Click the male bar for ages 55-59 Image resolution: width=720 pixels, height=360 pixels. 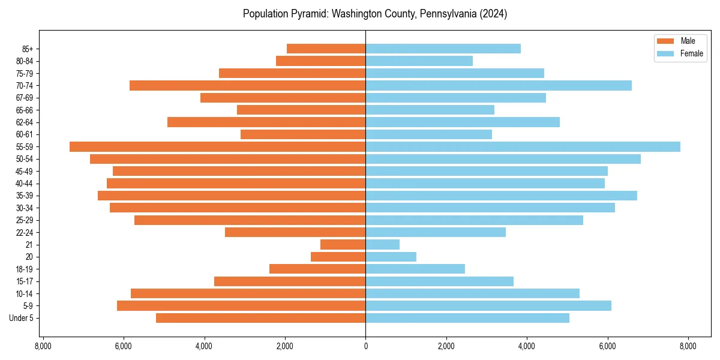click(x=217, y=147)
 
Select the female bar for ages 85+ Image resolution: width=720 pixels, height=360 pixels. click(x=443, y=49)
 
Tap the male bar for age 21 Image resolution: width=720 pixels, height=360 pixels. click(x=343, y=245)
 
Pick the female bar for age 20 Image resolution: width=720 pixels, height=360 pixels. click(x=391, y=257)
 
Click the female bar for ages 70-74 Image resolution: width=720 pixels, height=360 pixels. click(x=499, y=86)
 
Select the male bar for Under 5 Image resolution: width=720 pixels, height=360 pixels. click(x=260, y=318)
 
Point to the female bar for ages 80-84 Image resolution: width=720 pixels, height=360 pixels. click(x=419, y=61)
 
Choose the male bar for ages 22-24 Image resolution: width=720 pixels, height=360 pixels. click(x=295, y=232)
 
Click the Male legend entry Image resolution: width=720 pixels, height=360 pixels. click(x=688, y=41)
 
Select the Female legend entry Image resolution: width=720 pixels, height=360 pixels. click(x=691, y=53)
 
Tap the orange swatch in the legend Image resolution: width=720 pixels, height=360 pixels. click(x=666, y=41)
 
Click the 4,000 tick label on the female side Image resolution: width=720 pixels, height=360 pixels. click(x=527, y=346)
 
